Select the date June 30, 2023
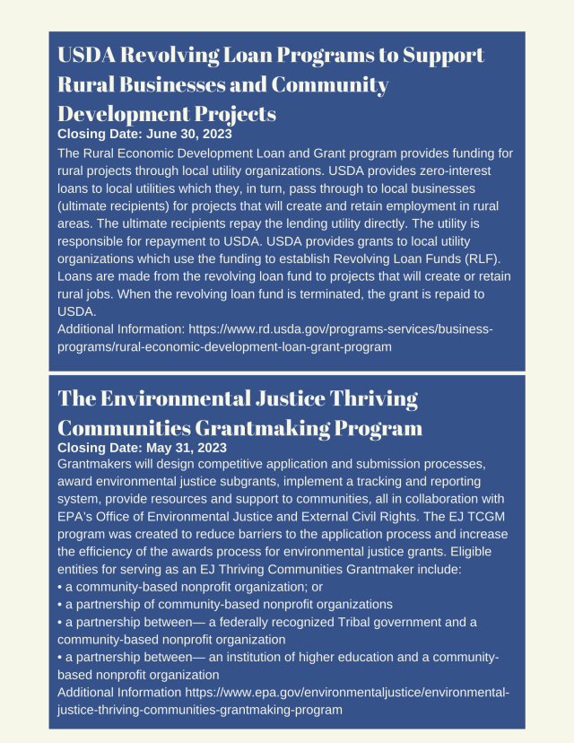click(187, 134)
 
